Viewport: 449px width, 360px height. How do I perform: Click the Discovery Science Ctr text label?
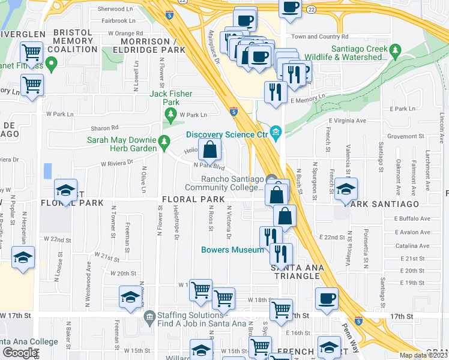click(x=226, y=134)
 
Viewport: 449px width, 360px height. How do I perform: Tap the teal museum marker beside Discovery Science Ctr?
click(x=276, y=133)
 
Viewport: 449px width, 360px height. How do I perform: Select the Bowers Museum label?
click(x=232, y=250)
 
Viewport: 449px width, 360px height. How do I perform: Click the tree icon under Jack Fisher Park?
click(x=171, y=113)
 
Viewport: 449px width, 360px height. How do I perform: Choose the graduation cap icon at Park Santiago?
click(x=345, y=188)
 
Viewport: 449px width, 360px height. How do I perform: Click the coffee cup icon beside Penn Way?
click(x=327, y=298)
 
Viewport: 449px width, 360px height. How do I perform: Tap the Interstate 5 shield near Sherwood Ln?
click(x=170, y=15)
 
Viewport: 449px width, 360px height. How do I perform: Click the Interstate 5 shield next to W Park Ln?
click(x=234, y=112)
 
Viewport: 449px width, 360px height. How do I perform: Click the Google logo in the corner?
click(x=20, y=353)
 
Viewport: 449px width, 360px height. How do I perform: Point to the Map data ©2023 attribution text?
click(x=424, y=355)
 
